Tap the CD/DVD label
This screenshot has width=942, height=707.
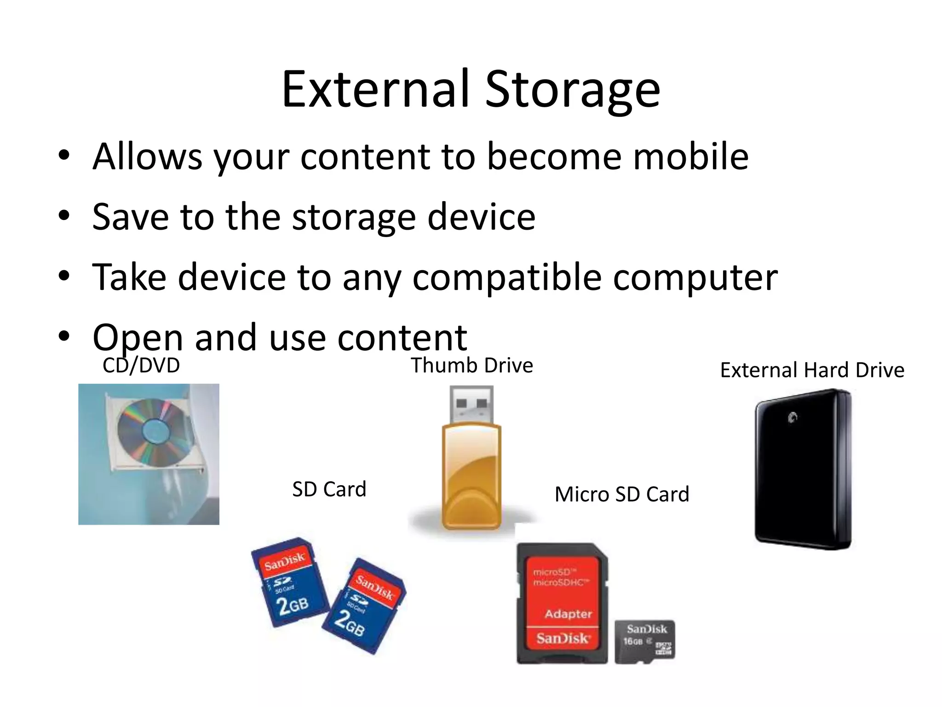(141, 365)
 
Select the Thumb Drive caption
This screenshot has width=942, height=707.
(471, 365)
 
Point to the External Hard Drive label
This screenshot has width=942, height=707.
(812, 370)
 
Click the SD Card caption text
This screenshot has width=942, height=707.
(329, 489)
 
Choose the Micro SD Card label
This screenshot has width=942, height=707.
(622, 494)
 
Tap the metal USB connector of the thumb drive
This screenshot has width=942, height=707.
(471, 404)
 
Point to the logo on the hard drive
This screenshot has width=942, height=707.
(792, 418)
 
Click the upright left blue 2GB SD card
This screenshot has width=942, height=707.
(288, 582)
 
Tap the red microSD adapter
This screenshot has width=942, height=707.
(562, 603)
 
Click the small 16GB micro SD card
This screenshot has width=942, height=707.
(645, 641)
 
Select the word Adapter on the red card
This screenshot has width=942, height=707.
(569, 614)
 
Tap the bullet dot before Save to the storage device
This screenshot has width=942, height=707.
(64, 215)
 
